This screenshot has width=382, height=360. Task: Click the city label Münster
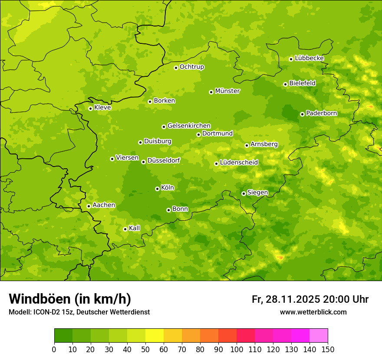pos(227,91)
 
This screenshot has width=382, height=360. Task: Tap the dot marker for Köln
pos(157,189)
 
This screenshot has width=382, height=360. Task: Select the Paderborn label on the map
pos(321,113)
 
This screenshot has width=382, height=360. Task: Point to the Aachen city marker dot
pos(89,206)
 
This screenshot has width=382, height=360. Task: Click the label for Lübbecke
pos(309,58)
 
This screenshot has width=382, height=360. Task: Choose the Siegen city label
pos(257,193)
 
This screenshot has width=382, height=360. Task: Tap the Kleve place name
pos(102,108)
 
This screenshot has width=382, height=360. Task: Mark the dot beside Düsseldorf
pos(143,162)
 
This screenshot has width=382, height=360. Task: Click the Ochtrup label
pos(191,67)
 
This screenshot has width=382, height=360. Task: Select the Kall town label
pos(135,228)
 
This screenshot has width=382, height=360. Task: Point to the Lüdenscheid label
pos(239,163)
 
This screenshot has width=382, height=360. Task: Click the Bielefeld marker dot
pos(285,84)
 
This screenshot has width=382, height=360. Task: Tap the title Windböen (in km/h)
pos(70,299)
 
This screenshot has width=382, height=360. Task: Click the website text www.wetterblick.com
pos(313,312)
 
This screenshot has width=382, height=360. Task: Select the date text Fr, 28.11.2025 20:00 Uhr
pos(310,299)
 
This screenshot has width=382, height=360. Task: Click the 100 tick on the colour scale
pos(237,349)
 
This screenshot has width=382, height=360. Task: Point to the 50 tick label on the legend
pos(145,349)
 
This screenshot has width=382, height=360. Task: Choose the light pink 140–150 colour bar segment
pos(319,335)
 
